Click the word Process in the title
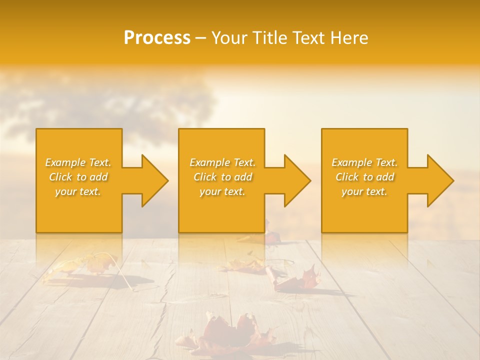coord(157,38)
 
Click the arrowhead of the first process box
coord(152,180)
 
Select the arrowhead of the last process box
coord(438,180)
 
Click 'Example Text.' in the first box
coord(78,162)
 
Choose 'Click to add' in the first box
coord(78,177)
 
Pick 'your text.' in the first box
coord(78,191)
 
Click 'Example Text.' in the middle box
coord(222,162)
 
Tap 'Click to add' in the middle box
coord(222,177)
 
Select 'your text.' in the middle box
coord(222,191)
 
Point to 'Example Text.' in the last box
coord(364,162)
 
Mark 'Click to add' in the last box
coord(364,177)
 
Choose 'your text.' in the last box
coord(364,191)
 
